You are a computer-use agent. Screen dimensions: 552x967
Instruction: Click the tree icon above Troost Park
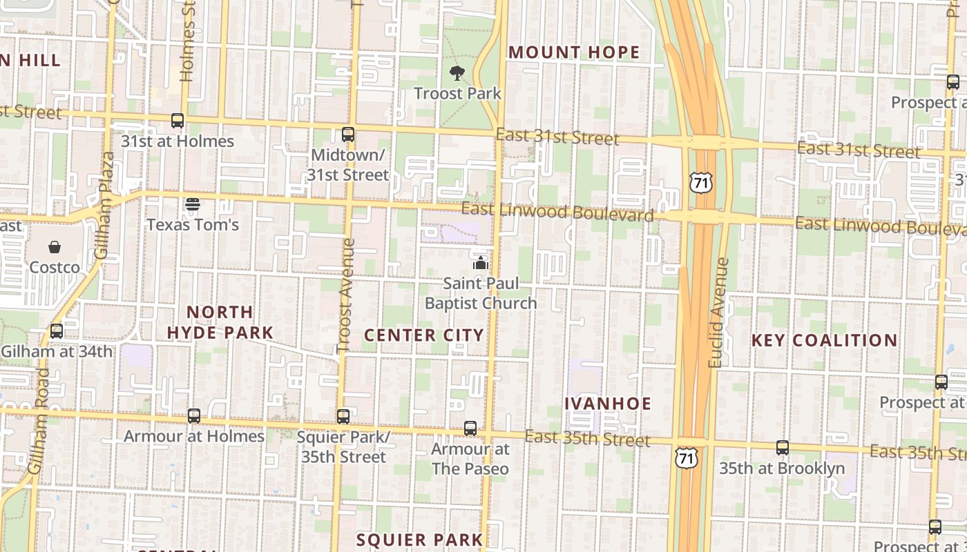pos(457,72)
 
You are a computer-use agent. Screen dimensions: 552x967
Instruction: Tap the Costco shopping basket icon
pos(55,247)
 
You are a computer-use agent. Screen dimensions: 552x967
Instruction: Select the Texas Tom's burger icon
pos(193,204)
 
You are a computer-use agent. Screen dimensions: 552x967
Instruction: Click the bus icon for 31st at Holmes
pos(178,121)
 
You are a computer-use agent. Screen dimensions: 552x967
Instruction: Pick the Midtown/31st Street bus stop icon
pos(348,135)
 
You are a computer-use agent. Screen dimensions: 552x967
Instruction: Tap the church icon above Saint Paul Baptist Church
pos(480,263)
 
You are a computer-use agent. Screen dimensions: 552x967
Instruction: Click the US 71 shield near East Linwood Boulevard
pos(700,182)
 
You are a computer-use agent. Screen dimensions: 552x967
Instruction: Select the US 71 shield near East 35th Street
pos(687,458)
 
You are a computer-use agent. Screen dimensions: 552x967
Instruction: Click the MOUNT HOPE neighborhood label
pos(574,52)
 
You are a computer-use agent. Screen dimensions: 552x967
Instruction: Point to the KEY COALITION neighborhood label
pos(824,340)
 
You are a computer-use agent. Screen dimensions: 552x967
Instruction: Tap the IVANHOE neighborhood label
pos(608,404)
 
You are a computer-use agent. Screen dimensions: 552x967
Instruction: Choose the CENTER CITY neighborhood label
pos(424,335)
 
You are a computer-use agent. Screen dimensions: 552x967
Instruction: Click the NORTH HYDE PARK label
pos(220,322)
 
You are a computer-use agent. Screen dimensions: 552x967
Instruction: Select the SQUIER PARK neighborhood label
pos(419,540)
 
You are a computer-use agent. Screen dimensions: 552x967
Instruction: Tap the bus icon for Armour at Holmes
pos(194,416)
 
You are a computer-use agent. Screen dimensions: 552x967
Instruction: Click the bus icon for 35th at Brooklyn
pos(782,448)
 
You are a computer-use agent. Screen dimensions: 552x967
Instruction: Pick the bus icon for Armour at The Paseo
pos(470,428)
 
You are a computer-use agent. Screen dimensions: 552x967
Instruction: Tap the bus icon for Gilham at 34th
pos(57,331)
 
